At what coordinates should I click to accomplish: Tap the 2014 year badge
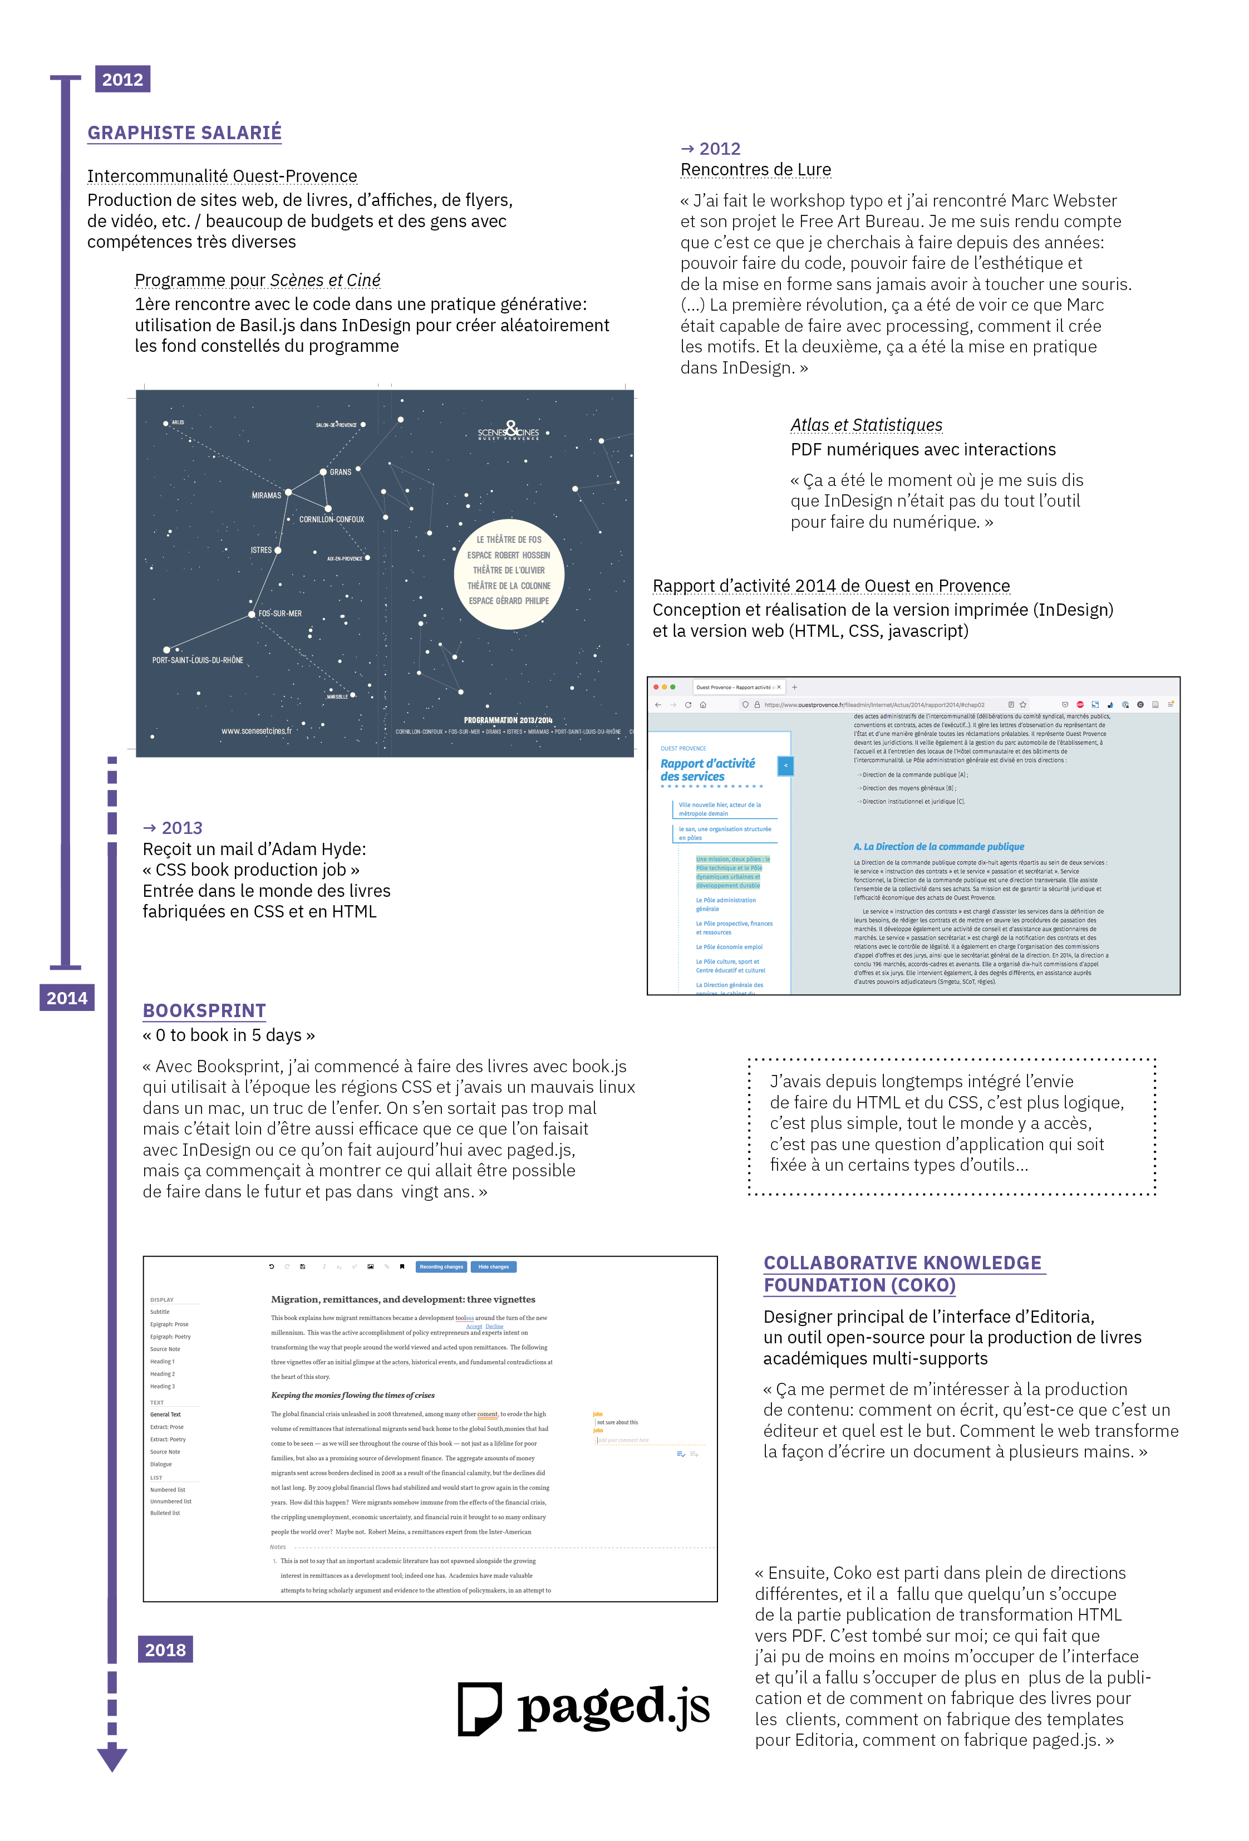pyautogui.click(x=67, y=998)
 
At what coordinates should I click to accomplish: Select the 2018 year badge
pyautogui.click(x=165, y=1649)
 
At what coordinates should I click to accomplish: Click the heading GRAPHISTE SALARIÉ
pyautogui.click(x=185, y=133)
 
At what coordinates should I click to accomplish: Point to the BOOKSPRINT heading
pyautogui.click(x=204, y=1011)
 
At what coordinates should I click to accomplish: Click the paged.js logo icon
pyautogui.click(x=479, y=1708)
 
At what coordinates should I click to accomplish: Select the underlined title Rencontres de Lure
pyautogui.click(x=755, y=170)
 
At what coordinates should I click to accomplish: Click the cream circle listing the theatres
pyautogui.click(x=509, y=575)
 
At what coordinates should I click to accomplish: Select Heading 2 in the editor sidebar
pyautogui.click(x=163, y=1373)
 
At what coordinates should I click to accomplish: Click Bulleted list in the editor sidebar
pyautogui.click(x=165, y=1513)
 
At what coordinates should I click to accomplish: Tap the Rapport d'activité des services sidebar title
pyautogui.click(x=707, y=770)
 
